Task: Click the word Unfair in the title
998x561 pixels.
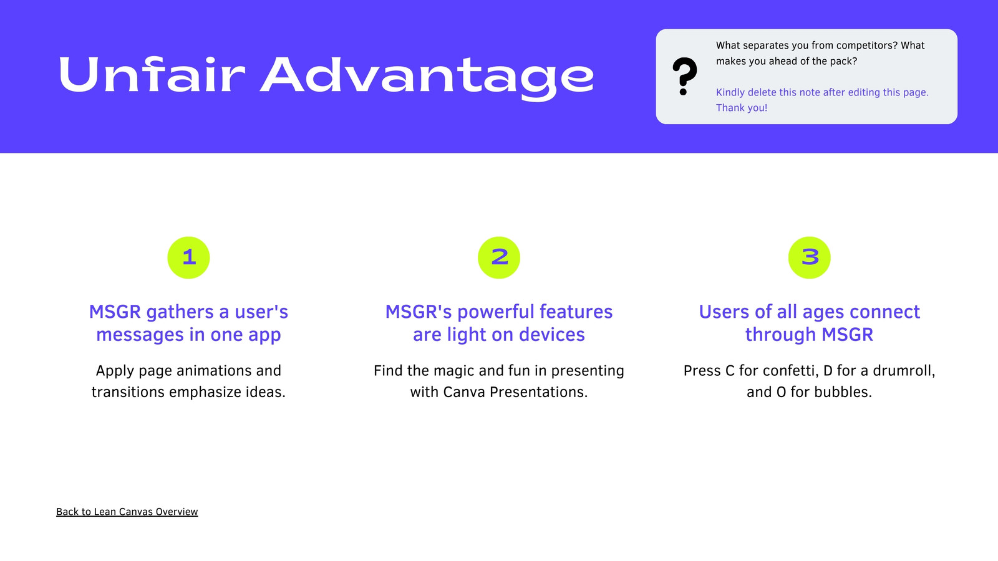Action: coord(152,74)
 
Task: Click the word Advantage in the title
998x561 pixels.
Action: coord(427,78)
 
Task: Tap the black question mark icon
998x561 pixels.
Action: coord(685,76)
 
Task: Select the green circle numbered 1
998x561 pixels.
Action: coord(188,257)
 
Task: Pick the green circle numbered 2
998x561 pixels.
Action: coord(499,257)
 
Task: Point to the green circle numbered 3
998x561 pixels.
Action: coord(809,257)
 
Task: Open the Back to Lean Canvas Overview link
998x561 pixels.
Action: coord(127,512)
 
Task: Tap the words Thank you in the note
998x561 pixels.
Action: coord(742,108)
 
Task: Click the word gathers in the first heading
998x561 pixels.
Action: coord(180,312)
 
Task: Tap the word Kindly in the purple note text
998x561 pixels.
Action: coord(730,93)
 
